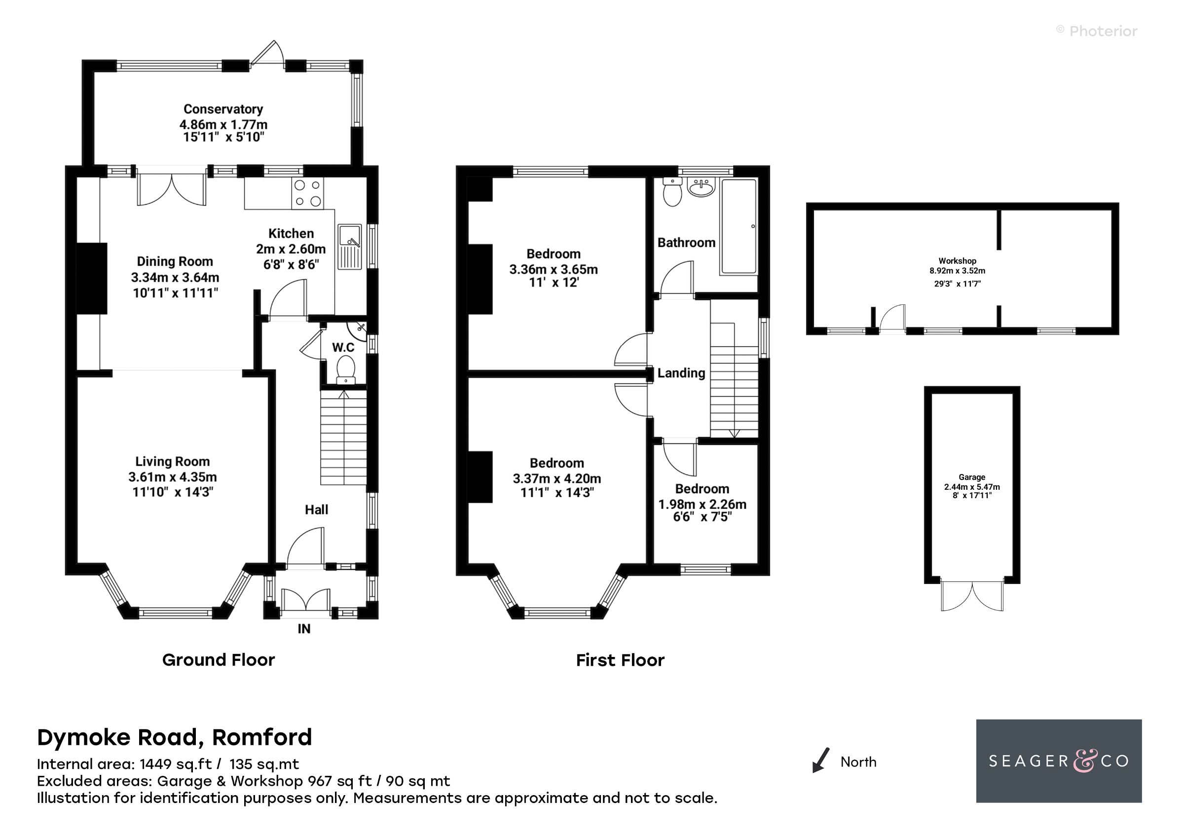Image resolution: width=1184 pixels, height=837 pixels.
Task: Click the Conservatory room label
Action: (223, 109)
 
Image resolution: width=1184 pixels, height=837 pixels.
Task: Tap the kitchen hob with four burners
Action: (307, 193)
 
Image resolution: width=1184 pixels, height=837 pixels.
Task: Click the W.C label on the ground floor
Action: (343, 348)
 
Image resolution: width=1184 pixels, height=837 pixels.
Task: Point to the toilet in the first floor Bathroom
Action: (672, 193)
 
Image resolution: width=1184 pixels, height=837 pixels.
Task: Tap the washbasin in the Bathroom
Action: (702, 188)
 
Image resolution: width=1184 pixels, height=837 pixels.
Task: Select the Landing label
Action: (681, 373)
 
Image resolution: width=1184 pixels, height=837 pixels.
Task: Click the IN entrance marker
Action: (304, 629)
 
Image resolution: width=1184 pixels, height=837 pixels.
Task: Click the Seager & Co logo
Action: (1058, 761)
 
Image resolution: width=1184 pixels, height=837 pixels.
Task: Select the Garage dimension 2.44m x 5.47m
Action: (971, 487)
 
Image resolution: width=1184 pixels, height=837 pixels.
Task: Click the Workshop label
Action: (957, 261)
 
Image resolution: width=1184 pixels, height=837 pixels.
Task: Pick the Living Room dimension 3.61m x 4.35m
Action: (172, 477)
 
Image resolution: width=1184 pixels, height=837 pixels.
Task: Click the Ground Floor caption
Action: (218, 660)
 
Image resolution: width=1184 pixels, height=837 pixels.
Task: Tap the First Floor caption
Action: (620, 660)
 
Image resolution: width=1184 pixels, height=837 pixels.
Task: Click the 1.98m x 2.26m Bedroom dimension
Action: (702, 504)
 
